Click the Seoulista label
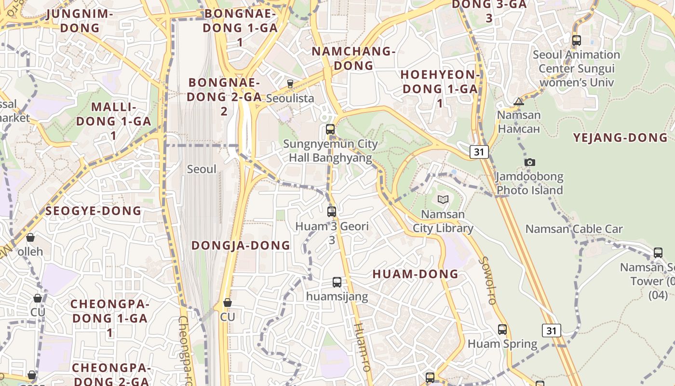pos(290,98)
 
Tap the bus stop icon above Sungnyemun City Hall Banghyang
pos(330,129)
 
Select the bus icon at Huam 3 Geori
pos(332,211)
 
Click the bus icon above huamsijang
pos(337,282)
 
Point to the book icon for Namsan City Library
pos(443,199)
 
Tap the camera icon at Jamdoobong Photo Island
pos(530,163)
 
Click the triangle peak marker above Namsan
pos(519,101)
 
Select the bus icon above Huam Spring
pos(502,330)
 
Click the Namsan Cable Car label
pos(574,229)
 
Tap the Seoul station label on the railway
pos(202,169)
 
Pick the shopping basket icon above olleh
pos(30,237)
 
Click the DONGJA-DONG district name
pos(241,246)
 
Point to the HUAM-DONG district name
pos(415,274)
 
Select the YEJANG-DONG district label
pos(620,138)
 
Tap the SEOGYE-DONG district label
pos(94,211)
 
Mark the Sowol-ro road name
pos(487,280)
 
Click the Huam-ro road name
pos(362,346)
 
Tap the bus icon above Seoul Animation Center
pos(576,41)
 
